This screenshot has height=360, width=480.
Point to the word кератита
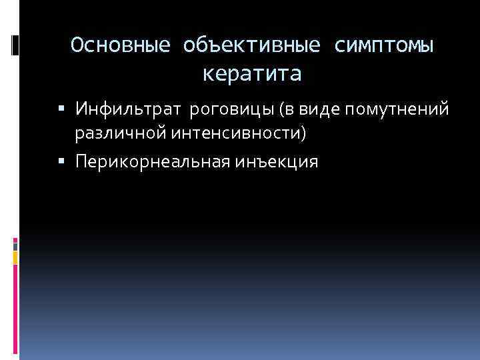click(252, 73)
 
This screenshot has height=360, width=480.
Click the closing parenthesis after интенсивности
click(305, 135)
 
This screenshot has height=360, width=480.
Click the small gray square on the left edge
click(15, 245)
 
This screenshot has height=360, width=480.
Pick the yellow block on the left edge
click(15, 257)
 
